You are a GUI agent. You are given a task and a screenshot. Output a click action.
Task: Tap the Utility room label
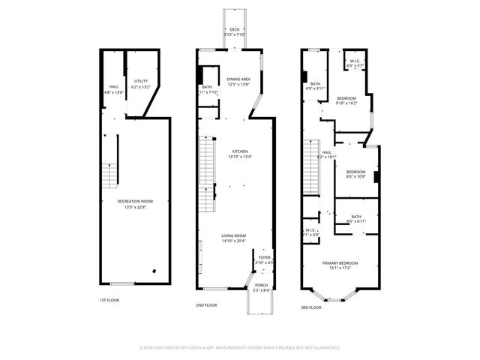tap(141, 85)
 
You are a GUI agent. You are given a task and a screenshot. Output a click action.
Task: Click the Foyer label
tap(265, 259)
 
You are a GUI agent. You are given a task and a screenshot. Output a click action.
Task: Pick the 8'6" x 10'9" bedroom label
tap(356, 173)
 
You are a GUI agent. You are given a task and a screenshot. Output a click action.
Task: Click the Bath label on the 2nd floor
tap(207, 90)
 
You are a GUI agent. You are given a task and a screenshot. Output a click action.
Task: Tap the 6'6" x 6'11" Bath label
tap(355, 219)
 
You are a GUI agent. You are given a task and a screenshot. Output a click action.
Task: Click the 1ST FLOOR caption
tap(109, 300)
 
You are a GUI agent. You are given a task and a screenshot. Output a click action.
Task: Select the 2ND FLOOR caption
tap(206, 305)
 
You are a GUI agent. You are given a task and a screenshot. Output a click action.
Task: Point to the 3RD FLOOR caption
tap(310, 307)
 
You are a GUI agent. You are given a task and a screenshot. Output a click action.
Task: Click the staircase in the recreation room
tap(110, 175)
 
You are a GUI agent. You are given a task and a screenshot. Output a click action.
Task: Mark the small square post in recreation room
tap(154, 271)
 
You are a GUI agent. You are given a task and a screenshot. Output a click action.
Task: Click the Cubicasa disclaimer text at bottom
tap(240, 347)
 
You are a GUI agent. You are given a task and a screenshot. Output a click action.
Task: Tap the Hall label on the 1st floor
tap(114, 88)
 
